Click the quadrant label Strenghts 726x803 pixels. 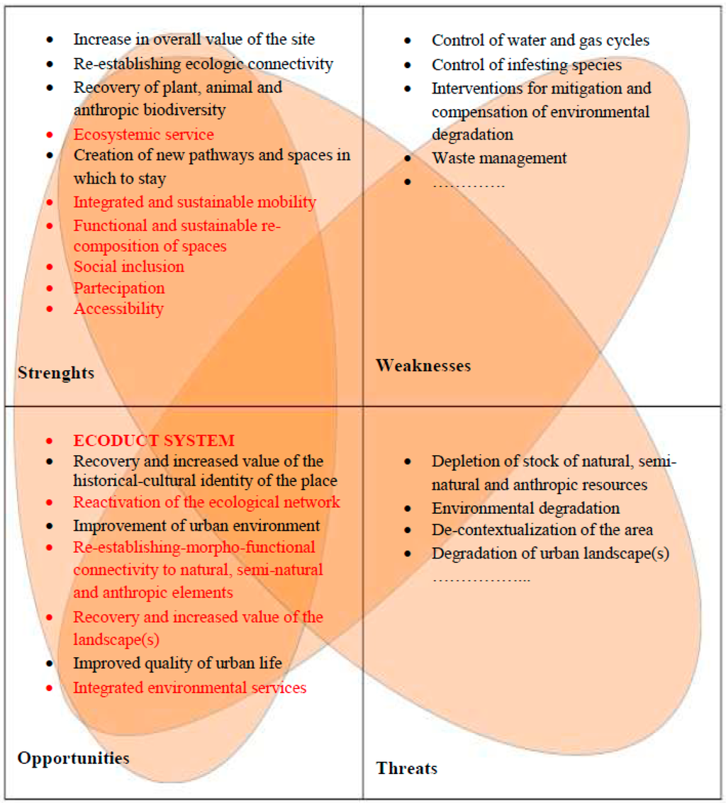[x=56, y=373]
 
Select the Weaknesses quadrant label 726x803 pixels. [x=423, y=366]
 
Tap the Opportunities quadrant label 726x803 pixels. [x=74, y=758]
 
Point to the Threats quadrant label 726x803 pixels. [x=407, y=768]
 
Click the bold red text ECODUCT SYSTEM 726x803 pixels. [x=154, y=440]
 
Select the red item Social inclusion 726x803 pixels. [x=129, y=266]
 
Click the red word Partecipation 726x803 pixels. [x=119, y=288]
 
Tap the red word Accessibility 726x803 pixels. [x=118, y=309]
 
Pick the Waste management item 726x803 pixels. [x=499, y=158]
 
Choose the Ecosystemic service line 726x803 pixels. [x=143, y=134]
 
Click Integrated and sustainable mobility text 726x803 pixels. [x=194, y=202]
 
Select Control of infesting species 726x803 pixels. [x=527, y=65]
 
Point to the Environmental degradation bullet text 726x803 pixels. [x=525, y=508]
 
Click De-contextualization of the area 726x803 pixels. [x=542, y=530]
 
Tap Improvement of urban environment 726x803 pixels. [x=196, y=526]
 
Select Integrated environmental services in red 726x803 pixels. [x=190, y=687]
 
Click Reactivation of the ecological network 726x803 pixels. [x=206, y=502]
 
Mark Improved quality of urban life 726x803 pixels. [x=178, y=663]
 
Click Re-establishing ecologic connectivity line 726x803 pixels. [x=203, y=64]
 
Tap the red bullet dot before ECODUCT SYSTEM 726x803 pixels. [x=49, y=441]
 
